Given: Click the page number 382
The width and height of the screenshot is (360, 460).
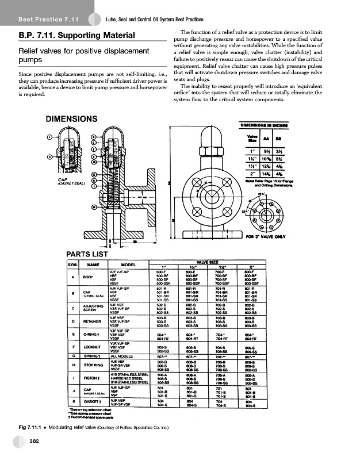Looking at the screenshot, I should tap(34, 442).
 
